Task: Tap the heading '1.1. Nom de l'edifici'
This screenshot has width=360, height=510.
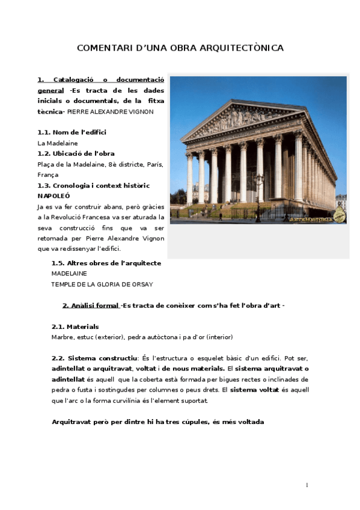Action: [x=72, y=132]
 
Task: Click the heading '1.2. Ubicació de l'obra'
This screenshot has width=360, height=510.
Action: [x=76, y=153]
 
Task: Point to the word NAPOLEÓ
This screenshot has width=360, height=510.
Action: [x=54, y=196]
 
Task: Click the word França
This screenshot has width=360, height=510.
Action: [x=48, y=174]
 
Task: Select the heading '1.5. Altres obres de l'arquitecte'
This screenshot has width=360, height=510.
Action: [x=106, y=263]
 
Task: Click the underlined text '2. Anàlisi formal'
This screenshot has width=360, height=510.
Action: [x=91, y=306]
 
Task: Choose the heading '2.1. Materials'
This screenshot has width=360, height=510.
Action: [x=75, y=327]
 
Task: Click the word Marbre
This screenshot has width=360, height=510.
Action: [x=64, y=337]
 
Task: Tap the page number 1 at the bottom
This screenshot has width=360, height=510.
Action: [x=307, y=485]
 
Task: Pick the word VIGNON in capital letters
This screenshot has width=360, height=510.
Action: [x=141, y=111]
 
